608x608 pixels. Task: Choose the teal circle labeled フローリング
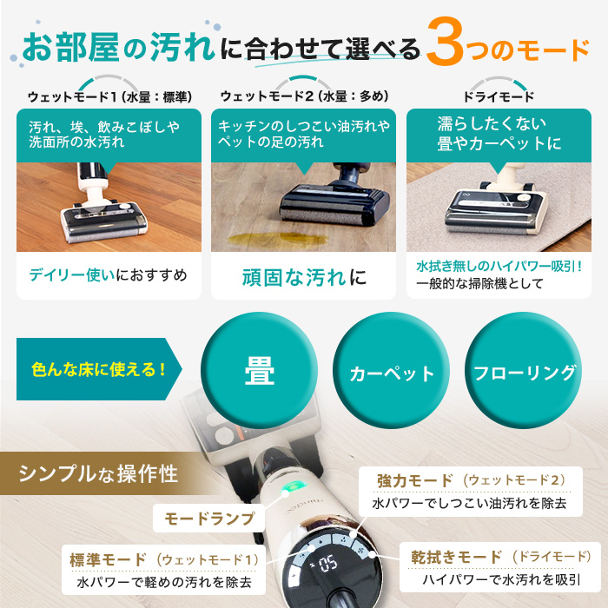coord(524,373)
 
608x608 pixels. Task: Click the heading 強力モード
coord(415,480)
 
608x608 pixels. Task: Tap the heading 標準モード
coord(107,558)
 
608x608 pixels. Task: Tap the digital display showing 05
coord(330,562)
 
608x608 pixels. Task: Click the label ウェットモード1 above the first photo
coord(74,96)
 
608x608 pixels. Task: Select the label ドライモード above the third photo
coord(499,96)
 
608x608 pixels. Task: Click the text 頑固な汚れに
coord(303,278)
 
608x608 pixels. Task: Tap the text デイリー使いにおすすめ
coord(108,276)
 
